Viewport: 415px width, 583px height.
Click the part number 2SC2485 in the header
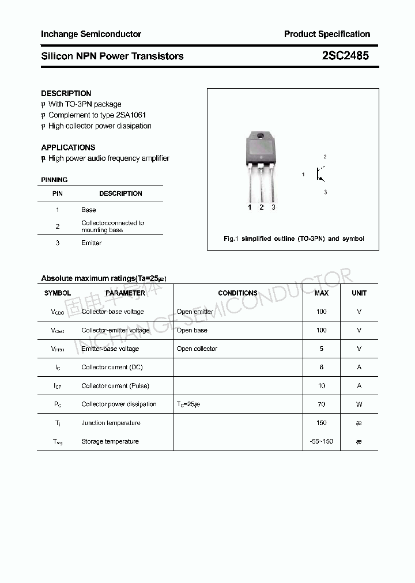point(345,56)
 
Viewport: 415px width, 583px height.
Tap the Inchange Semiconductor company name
point(91,34)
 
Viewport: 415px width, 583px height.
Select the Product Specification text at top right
point(327,34)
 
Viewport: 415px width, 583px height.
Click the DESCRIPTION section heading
point(66,93)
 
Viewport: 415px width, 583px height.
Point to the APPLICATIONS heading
point(68,147)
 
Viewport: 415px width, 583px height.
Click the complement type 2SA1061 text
point(129,115)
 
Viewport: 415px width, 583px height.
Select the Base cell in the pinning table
point(89,210)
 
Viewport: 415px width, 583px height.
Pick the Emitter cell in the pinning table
point(91,243)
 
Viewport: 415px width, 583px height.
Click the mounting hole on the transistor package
point(261,136)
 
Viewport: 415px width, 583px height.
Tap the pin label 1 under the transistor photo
point(250,207)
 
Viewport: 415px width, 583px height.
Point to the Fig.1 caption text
point(293,238)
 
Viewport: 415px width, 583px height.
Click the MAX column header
point(322,293)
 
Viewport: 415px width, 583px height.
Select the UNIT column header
point(359,293)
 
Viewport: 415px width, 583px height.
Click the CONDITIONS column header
point(237,293)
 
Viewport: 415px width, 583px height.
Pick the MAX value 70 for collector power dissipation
point(322,404)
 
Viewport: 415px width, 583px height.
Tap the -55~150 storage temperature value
point(322,442)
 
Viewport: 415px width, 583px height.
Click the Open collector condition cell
point(197,349)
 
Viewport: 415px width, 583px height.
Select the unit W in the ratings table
point(359,404)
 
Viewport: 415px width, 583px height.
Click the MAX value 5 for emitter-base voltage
point(322,349)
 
